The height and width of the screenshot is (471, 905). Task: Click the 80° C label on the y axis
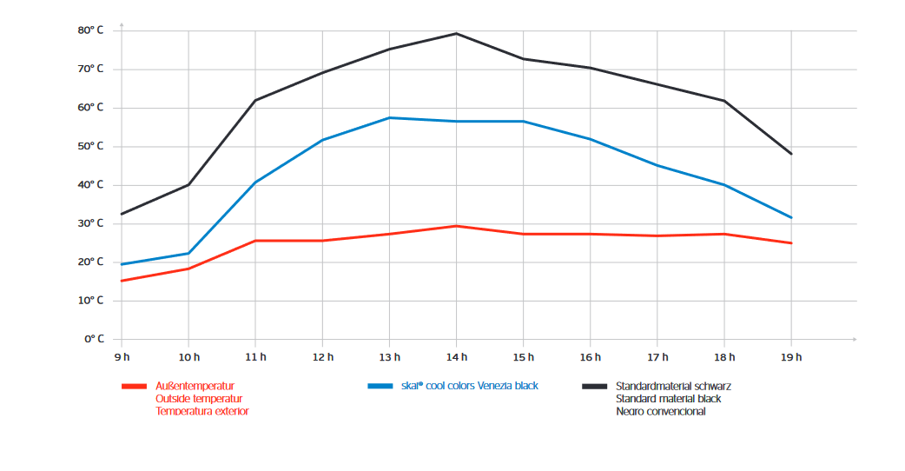[90, 30]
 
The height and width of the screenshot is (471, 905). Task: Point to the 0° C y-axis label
[94, 339]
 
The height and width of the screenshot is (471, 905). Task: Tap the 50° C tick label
[90, 146]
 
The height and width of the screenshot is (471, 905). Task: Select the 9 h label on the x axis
[122, 357]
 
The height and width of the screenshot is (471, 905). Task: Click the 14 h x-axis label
[457, 357]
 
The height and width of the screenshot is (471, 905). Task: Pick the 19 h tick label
[791, 357]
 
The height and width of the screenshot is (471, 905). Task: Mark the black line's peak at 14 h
[457, 34]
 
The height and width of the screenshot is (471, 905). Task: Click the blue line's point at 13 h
[389, 117]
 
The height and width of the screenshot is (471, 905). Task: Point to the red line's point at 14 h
[457, 226]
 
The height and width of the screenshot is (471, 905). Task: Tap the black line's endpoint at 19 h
[791, 154]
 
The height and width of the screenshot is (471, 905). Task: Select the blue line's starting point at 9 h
[122, 264]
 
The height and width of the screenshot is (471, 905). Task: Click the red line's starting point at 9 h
[122, 281]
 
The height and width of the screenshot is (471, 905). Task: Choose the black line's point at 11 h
[255, 100]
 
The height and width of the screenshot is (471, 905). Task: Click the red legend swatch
[134, 386]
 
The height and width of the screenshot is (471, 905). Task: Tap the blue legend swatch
[380, 386]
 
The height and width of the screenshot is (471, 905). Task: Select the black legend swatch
[595, 386]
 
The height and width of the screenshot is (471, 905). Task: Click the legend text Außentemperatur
[195, 386]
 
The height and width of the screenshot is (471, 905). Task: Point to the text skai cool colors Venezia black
[470, 386]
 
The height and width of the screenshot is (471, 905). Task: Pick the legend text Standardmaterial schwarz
[667, 386]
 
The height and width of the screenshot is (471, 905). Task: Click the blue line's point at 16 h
[591, 139]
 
